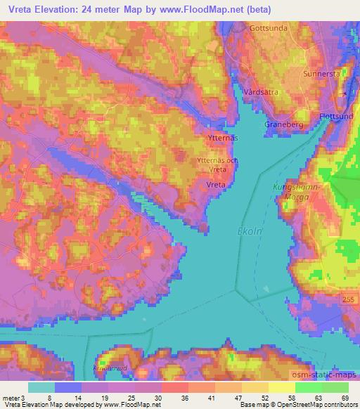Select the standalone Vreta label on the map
(216, 183)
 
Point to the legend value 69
(345, 398)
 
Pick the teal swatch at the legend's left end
(41, 387)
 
